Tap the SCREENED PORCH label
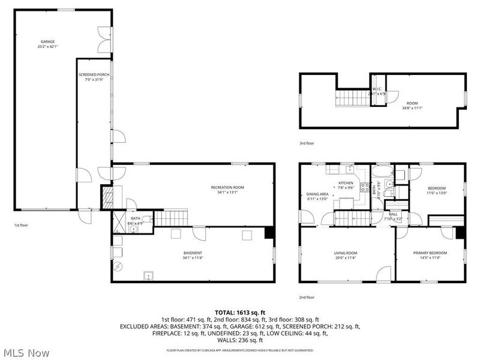(93, 75)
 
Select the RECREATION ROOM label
(227, 187)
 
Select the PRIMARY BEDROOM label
(430, 253)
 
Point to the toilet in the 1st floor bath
(147, 219)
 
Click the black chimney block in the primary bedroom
(459, 233)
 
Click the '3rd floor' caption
(307, 143)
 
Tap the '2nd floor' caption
(307, 297)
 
